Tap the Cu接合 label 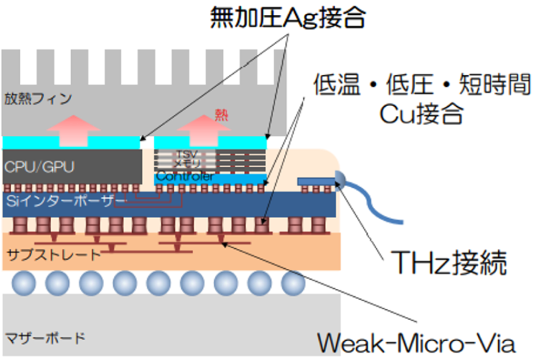point(421,115)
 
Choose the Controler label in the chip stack point(184,176)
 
